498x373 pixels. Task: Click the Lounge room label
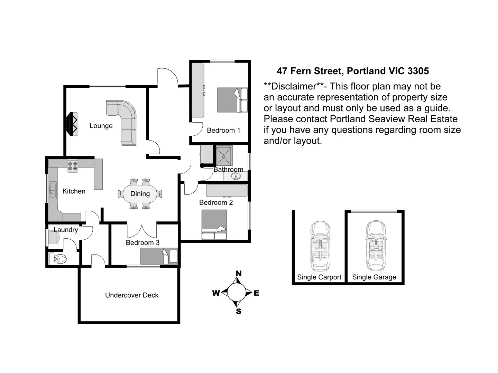[101, 126]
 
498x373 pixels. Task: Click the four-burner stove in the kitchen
[73, 166]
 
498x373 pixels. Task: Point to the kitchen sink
[52, 190]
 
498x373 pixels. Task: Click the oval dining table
[140, 194]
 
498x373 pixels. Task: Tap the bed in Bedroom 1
[232, 100]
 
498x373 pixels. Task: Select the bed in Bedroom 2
[214, 224]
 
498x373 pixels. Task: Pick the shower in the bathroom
[224, 156]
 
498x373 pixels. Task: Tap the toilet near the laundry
[58, 258]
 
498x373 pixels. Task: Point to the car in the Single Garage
[375, 246]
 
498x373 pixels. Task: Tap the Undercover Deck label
[132, 295]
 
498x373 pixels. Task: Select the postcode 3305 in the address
[418, 71]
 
